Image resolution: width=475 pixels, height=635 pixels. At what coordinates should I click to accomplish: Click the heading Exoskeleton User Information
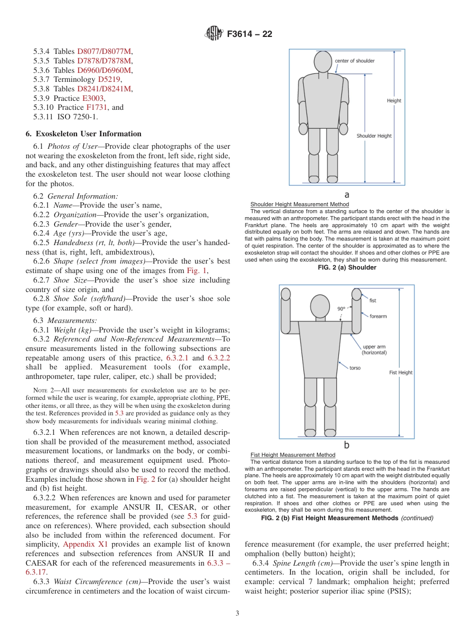(83, 134)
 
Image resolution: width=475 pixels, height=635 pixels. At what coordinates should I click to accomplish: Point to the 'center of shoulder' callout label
(354, 61)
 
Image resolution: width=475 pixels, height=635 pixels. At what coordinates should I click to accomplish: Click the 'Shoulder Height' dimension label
(374, 136)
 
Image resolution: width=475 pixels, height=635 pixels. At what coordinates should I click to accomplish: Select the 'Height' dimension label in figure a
(394, 100)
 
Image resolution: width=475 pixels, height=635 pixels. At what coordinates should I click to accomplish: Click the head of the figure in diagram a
(322, 61)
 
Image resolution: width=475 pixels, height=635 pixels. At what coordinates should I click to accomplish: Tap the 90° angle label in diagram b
(341, 309)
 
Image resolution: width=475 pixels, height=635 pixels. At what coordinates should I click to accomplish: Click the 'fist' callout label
(372, 301)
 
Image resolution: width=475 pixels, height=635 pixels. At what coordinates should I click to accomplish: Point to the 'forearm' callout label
(377, 317)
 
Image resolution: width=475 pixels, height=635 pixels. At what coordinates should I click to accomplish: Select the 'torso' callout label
(354, 368)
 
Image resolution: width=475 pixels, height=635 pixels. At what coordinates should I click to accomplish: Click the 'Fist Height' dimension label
(400, 372)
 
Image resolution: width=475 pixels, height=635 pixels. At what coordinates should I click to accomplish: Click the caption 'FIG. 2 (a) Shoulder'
(347, 268)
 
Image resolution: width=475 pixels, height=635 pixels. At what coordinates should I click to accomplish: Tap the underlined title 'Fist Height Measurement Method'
(292, 455)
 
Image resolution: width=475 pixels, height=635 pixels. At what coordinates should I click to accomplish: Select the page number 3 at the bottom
(237, 613)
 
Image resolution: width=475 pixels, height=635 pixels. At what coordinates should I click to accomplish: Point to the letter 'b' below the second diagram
(346, 445)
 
